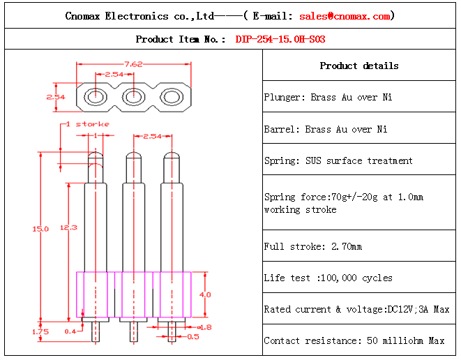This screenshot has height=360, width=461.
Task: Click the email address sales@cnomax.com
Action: click(345, 15)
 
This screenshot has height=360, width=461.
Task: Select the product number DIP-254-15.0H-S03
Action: click(280, 39)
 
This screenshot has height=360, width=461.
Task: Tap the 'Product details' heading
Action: click(359, 66)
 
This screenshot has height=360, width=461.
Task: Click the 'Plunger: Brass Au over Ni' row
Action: click(328, 97)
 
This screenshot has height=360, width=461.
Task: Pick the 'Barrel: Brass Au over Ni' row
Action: click(326, 129)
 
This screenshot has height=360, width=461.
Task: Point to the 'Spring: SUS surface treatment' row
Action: click(338, 160)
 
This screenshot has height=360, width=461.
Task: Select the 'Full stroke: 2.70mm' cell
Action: click(313, 246)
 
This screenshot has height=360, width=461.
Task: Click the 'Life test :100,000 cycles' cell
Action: click(328, 278)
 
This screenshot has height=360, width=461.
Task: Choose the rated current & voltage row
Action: click(356, 309)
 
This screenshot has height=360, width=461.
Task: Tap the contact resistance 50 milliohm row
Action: click(354, 340)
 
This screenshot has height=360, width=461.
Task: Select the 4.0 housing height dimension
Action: click(205, 294)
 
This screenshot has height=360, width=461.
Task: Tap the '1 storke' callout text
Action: click(88, 123)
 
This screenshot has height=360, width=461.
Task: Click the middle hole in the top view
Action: click(133, 96)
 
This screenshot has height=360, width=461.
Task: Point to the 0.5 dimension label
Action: click(193, 336)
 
